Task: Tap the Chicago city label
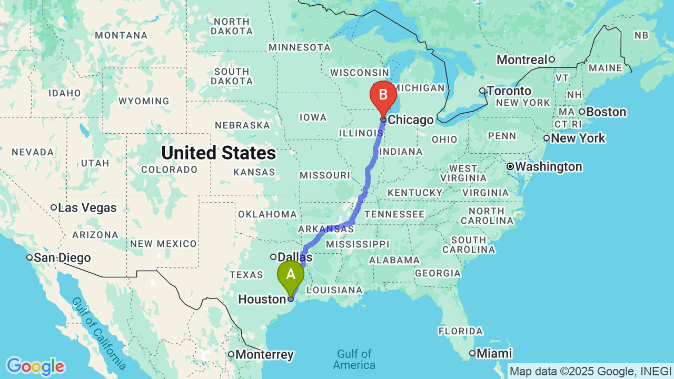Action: (x=410, y=120)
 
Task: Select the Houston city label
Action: (x=262, y=299)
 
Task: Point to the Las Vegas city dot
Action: (x=54, y=207)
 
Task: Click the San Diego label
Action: (x=62, y=258)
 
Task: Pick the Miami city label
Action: (x=494, y=353)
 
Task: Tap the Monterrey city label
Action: (x=264, y=354)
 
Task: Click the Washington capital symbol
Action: (x=510, y=167)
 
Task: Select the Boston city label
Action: (x=606, y=112)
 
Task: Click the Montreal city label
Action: (x=522, y=59)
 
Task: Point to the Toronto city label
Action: (x=509, y=91)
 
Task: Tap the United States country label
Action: (x=219, y=153)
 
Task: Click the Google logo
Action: (x=35, y=367)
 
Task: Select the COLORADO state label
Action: (x=170, y=169)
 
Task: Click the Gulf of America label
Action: (x=354, y=359)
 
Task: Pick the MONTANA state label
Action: (x=121, y=35)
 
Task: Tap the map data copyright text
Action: (x=590, y=371)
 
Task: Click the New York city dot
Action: (x=547, y=138)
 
